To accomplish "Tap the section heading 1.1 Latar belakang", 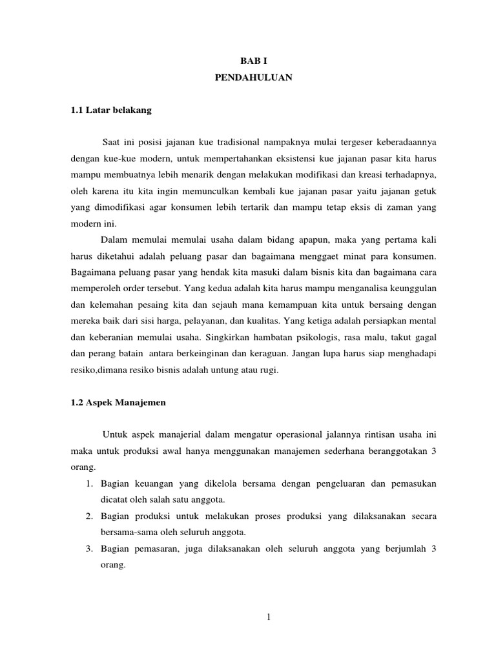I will tap(111, 110).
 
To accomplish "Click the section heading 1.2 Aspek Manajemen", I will tap(118, 402).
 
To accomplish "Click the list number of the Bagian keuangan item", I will tap(90, 483).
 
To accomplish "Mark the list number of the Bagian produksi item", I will tap(90, 516).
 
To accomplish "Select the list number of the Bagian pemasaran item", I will tap(90, 549).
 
